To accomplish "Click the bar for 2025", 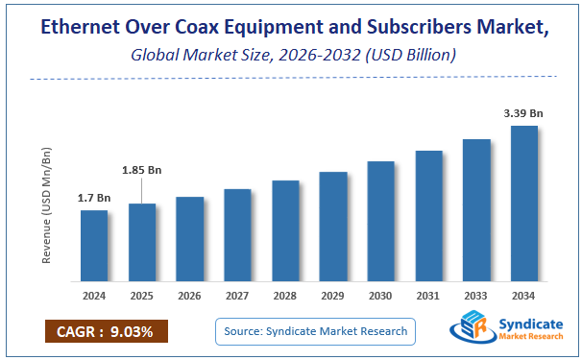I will (x=141, y=242).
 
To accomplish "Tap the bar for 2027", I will (x=237, y=234).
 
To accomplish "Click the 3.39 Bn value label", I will (x=523, y=113).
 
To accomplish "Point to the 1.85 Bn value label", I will (x=141, y=170).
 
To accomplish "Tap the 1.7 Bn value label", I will (x=94, y=198).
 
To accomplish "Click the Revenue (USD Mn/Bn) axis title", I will (x=46, y=205).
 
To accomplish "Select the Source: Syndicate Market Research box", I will (x=314, y=331).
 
